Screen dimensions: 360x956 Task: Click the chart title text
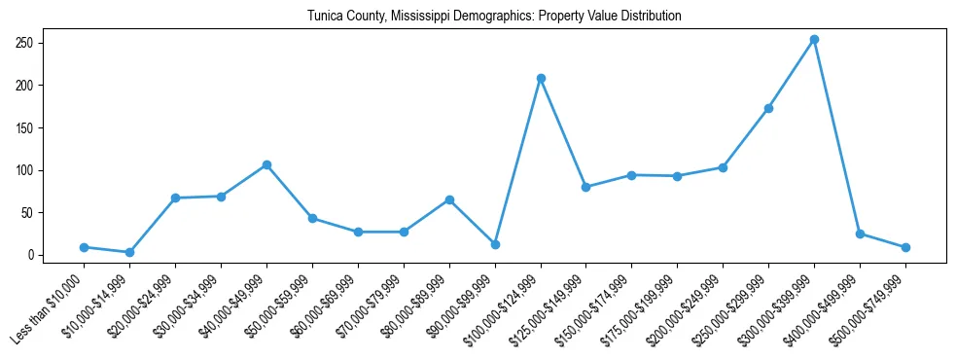pos(494,17)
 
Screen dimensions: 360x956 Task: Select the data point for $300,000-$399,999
pos(814,40)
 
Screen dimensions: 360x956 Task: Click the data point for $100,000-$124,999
pos(541,78)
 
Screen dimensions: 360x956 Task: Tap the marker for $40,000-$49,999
pos(266,164)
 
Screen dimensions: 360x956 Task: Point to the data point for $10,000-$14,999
pos(129,252)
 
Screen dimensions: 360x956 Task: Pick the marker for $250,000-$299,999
pos(768,108)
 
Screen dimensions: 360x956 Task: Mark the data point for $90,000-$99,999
pos(495,244)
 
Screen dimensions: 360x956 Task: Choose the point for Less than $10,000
pos(84,247)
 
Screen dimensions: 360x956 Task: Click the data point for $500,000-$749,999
pos(905,247)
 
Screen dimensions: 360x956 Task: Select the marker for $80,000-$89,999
pos(449,199)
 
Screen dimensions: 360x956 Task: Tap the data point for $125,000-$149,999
pos(586,187)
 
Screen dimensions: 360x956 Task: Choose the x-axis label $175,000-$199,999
pos(643,306)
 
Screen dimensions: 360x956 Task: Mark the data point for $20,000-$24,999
pos(175,198)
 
